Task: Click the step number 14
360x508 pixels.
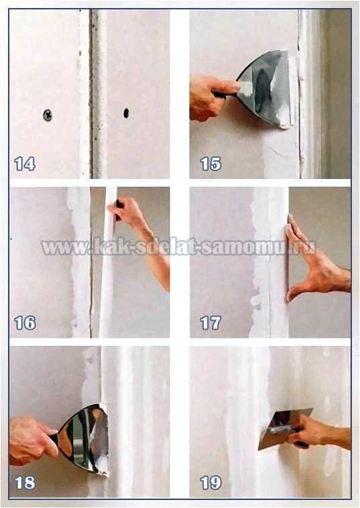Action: (x=25, y=164)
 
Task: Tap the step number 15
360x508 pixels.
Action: (x=211, y=164)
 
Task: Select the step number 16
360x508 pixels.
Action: (x=25, y=322)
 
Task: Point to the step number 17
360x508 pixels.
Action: (x=211, y=322)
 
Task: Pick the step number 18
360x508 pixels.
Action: (x=25, y=483)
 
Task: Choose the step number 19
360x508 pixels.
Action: (x=211, y=483)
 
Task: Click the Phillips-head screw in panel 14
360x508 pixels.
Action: (x=48, y=115)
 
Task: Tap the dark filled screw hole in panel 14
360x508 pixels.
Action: (x=126, y=113)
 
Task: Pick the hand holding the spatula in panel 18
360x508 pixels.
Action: (x=32, y=440)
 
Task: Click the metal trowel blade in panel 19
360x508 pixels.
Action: (x=282, y=428)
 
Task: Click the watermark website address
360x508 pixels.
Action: (x=178, y=247)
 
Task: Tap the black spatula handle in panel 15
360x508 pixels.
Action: (x=226, y=94)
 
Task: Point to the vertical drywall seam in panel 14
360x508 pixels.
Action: (x=97, y=94)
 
